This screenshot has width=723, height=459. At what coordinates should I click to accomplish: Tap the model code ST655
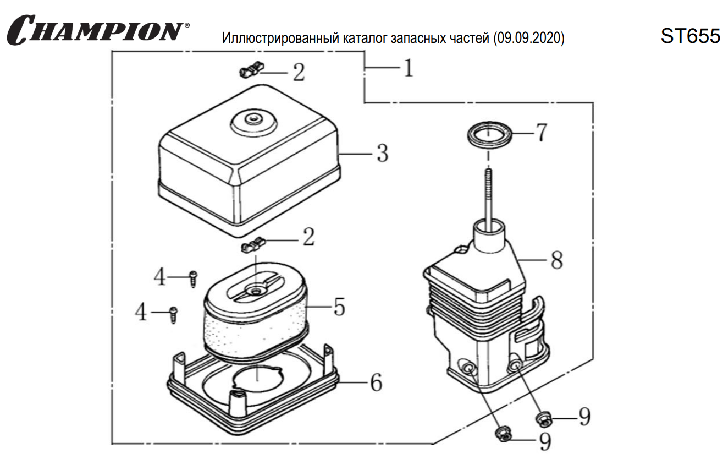(691, 36)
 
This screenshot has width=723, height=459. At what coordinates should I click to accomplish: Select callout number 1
(407, 68)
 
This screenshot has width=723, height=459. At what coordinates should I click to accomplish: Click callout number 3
(382, 154)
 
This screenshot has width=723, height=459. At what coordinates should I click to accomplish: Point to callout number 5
(339, 307)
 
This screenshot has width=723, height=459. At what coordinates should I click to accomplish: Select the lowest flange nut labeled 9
(503, 434)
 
